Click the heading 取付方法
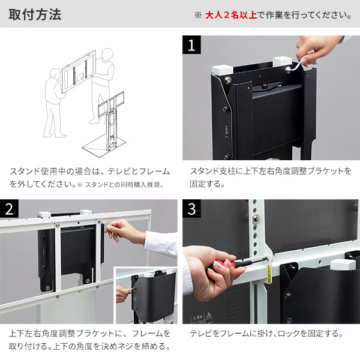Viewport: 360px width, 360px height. coord(35,14)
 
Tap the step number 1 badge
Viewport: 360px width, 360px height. coord(191,45)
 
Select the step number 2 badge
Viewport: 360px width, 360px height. coord(9,209)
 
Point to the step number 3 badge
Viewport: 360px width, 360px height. coord(191,209)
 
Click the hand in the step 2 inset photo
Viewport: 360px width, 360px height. coord(122,293)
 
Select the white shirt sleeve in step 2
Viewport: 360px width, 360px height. coord(159,243)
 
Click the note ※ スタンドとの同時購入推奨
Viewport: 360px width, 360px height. coord(126,185)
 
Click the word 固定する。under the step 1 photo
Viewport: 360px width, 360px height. coord(207,185)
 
